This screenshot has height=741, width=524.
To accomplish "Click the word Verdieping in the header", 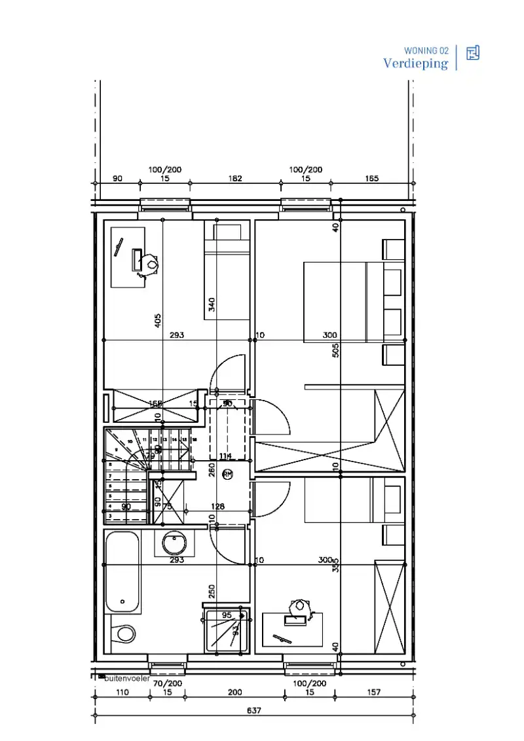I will click(x=416, y=63).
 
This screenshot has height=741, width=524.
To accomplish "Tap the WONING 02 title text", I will click(x=426, y=50).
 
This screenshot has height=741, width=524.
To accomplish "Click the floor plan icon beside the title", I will click(x=473, y=53).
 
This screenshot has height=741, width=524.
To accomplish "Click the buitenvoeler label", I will click(x=127, y=678).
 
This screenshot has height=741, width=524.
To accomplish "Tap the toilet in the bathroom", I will click(x=123, y=633).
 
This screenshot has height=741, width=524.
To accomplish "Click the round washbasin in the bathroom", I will click(x=174, y=543).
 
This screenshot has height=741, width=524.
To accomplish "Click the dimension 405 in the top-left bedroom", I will click(x=158, y=320).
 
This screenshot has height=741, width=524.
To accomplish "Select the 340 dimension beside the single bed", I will click(x=212, y=304).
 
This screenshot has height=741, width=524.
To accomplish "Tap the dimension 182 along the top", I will click(x=235, y=178).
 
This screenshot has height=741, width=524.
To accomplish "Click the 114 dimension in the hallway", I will click(x=225, y=456).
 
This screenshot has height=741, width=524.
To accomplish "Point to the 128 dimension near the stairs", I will click(x=217, y=506).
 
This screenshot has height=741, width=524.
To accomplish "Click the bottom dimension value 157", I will click(x=374, y=692).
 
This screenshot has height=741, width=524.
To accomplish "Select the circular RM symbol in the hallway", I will click(x=227, y=474).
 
